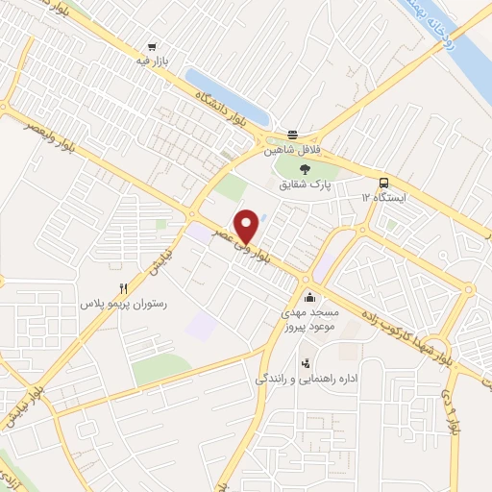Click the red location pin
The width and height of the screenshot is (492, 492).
tap(247, 226)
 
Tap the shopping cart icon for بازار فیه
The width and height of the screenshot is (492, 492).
tap(152, 45)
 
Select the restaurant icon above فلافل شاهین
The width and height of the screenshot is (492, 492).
tap(292, 135)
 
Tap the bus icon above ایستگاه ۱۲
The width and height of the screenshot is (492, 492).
tap(384, 183)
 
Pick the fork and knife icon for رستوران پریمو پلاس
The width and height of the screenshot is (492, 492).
tap(123, 287)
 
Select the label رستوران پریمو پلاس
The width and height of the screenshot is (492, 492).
tap(124, 303)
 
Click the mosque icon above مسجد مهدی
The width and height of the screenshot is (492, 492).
tap(308, 296)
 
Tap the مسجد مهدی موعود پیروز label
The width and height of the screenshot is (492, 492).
tap(308, 320)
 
